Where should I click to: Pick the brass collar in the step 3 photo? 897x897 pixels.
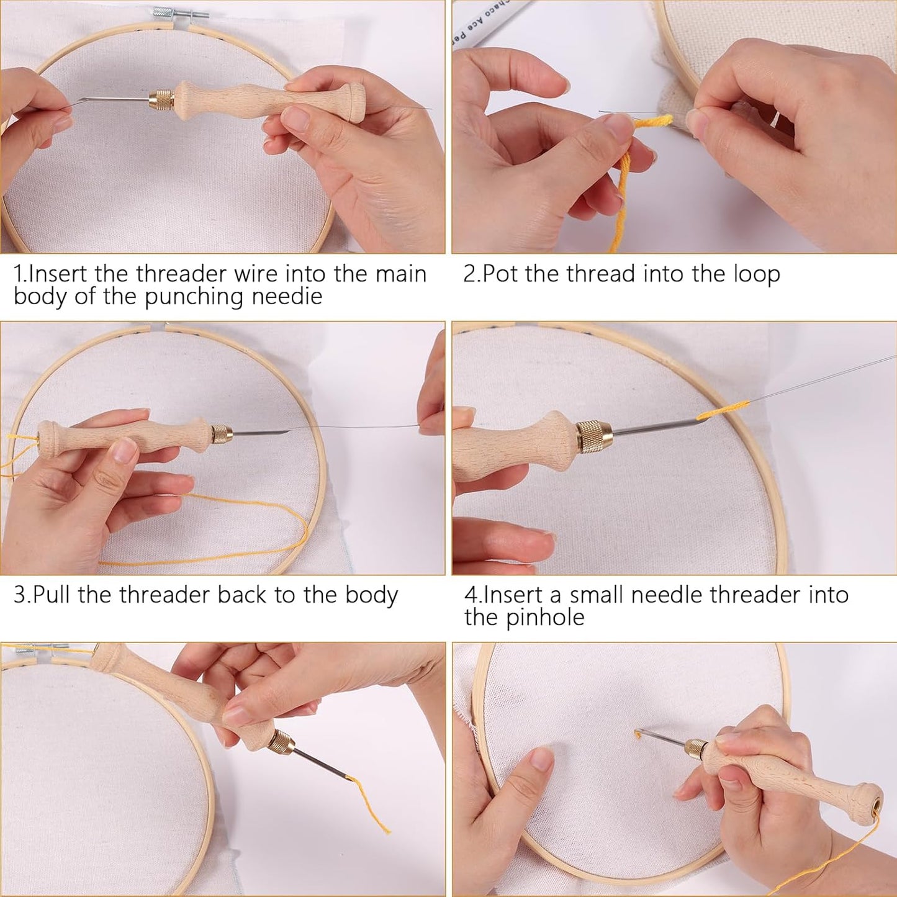221,433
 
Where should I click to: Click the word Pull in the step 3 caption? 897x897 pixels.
53,595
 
